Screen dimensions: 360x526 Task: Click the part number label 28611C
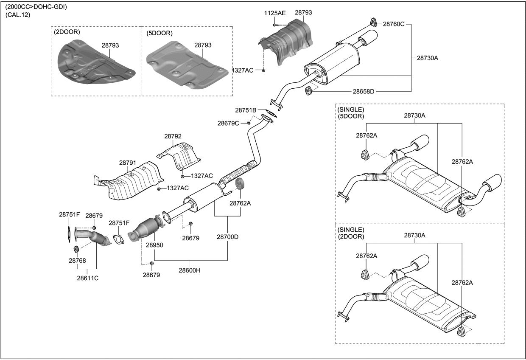(x=87, y=278)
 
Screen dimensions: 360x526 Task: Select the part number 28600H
(x=189, y=270)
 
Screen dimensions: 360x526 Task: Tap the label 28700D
(x=227, y=237)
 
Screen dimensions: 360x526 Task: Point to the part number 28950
(x=154, y=245)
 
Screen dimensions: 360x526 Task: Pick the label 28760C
(x=394, y=24)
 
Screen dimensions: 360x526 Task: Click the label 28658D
(x=364, y=91)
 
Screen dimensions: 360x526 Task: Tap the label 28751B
(x=246, y=110)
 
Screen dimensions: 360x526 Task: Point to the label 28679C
(x=228, y=123)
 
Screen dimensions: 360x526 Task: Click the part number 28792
(x=173, y=136)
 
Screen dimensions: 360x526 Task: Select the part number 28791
(x=127, y=163)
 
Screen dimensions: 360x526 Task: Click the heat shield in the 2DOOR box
(x=95, y=64)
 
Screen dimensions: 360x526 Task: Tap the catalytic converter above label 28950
(x=146, y=228)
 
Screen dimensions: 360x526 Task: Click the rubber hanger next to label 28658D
(x=309, y=90)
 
